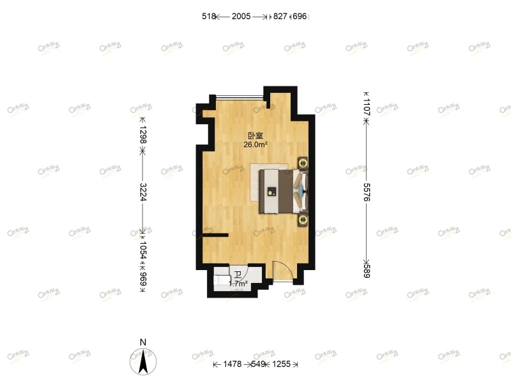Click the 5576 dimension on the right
[x=367, y=192]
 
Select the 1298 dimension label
[x=143, y=134]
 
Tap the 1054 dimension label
[x=143, y=247]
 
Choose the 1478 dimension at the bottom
[x=233, y=364]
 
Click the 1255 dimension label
[x=281, y=364]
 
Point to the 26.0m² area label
[x=255, y=145]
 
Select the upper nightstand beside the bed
[x=302, y=163]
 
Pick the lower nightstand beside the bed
[x=302, y=220]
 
